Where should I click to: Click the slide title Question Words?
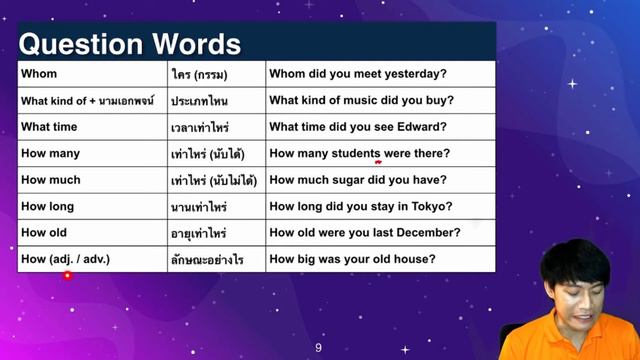tap(130, 44)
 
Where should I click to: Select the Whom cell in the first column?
tap(39, 74)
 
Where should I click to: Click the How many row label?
tap(50, 154)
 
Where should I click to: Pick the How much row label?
tap(50, 180)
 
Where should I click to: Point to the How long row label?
tap(48, 207)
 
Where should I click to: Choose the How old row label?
tap(45, 233)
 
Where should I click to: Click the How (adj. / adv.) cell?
tap(66, 259)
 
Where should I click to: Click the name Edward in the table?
tap(420, 127)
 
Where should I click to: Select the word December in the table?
tap(424, 233)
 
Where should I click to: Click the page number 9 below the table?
tap(318, 348)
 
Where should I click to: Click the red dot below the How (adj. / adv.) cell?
tap(67, 275)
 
